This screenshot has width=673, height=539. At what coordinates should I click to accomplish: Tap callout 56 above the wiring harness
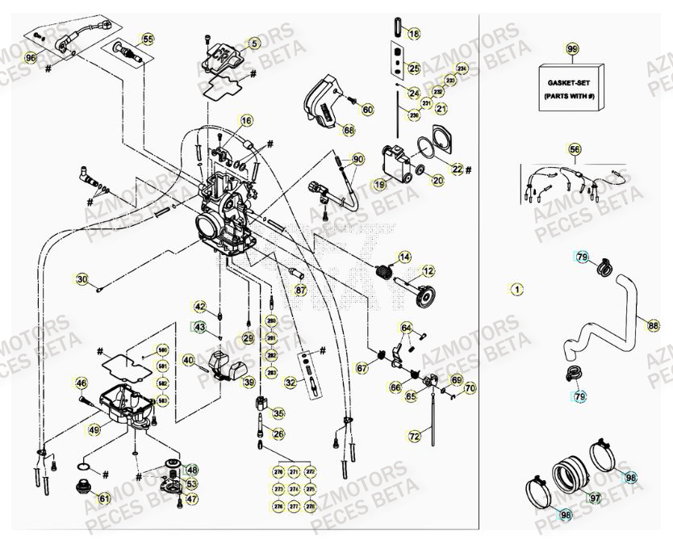pos(574,149)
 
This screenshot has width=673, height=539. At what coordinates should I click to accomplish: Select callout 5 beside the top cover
pos(253,44)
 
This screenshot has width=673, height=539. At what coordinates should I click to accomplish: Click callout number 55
pos(147,39)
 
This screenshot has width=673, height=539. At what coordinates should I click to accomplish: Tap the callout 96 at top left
pos(31,58)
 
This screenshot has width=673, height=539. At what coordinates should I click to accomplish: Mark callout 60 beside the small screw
pos(367,109)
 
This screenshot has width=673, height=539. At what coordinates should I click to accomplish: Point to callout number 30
pos(82,280)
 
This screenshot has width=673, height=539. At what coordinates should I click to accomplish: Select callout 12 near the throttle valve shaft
pos(428,271)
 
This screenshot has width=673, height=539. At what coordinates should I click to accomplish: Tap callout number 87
pos(300,289)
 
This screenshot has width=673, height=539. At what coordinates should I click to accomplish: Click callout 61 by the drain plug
pos(104,499)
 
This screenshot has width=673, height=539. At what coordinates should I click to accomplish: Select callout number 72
pos(414,437)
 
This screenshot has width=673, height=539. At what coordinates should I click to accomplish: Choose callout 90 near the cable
pos(357,159)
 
